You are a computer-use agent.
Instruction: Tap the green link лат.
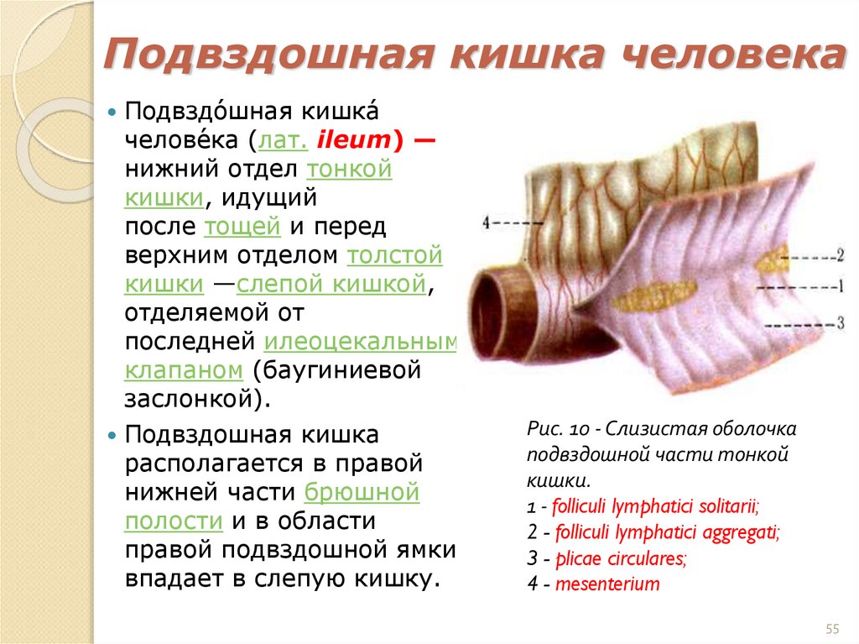(285, 141)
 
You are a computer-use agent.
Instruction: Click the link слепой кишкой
(332, 284)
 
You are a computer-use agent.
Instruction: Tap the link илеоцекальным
(361, 341)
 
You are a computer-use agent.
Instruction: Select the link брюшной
(362, 492)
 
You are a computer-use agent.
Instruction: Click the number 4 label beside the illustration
(487, 223)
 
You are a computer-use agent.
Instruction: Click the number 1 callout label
(839, 286)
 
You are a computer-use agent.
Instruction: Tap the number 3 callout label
(839, 322)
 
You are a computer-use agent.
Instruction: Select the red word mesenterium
(607, 584)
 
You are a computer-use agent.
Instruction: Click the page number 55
(833, 630)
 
